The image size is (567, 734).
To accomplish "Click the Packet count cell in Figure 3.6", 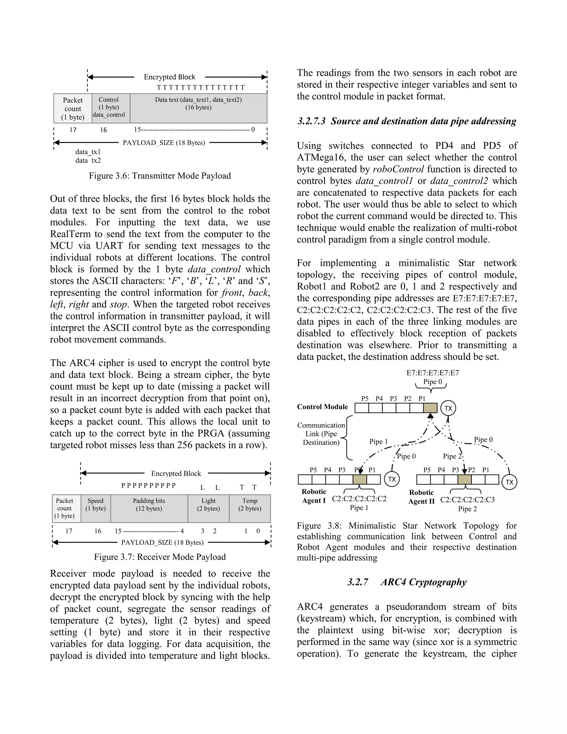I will [x=73, y=108].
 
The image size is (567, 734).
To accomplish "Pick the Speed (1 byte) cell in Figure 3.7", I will [x=96, y=508].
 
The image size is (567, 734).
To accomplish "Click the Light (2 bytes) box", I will [x=208, y=508].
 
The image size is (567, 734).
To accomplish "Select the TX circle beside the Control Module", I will [x=448, y=408].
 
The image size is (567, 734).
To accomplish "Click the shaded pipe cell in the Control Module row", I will [x=430, y=408].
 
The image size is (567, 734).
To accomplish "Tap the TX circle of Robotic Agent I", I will [x=392, y=479].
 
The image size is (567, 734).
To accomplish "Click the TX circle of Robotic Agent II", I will [x=509, y=482].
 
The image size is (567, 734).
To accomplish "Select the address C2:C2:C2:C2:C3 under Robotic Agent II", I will [x=467, y=500].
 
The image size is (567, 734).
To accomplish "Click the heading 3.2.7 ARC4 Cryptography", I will [x=407, y=582].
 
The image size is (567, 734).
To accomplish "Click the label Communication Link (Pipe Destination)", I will [x=321, y=434].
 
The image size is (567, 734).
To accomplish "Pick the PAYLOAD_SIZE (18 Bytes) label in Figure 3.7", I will [x=162, y=542].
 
